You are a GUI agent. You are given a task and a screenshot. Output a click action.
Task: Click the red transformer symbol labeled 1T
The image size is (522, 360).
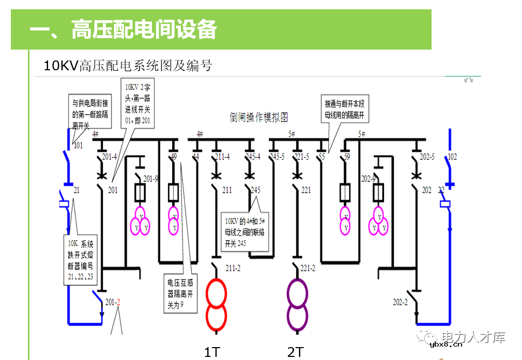217,304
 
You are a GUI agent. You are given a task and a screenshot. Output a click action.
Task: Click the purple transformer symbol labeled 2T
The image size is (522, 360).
297,304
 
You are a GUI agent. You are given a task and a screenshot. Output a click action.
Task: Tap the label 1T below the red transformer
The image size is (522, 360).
212,352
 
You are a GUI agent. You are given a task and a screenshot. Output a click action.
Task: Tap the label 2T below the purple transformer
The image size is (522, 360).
295,352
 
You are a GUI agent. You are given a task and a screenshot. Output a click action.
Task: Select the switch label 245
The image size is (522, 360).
255,190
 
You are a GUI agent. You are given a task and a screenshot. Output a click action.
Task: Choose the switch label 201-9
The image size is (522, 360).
151,179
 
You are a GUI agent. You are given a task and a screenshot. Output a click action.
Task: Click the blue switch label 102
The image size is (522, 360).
452,156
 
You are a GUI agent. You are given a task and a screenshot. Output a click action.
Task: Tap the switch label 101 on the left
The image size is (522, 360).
78,145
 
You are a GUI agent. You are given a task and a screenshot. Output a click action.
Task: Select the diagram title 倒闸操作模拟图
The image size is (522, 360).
258,117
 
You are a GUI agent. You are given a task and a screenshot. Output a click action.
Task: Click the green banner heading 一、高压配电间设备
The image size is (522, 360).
123,29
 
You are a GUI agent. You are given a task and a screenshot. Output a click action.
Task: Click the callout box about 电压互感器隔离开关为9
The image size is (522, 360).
180,293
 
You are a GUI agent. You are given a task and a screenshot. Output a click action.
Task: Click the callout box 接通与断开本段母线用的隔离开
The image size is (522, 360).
344,109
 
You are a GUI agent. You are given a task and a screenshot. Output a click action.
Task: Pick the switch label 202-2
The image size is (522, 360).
400,302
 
